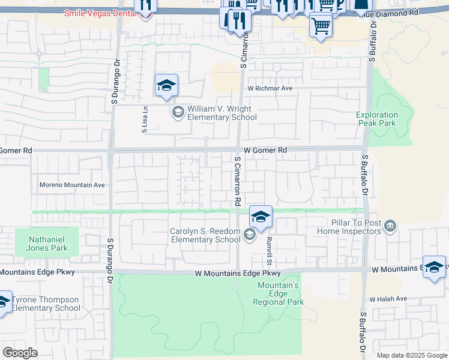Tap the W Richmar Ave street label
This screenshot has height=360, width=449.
click(x=270, y=88)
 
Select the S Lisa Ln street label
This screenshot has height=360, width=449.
click(x=145, y=119)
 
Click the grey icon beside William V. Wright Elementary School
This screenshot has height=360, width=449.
click(x=178, y=112)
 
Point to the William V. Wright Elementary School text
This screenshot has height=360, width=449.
click(x=221, y=113)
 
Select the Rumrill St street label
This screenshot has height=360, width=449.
click(x=270, y=250)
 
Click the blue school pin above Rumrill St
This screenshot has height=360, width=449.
click(x=261, y=217)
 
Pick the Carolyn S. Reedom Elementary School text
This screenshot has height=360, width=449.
click(x=205, y=235)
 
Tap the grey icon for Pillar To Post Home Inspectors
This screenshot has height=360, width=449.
click(x=391, y=226)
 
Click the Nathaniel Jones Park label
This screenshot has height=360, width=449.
click(x=46, y=242)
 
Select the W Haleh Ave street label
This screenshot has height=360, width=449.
click(x=388, y=299)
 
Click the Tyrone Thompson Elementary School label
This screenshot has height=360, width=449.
click(x=46, y=304)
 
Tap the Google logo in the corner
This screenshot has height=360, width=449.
click(x=20, y=352)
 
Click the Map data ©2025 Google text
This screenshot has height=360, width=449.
click(x=411, y=355)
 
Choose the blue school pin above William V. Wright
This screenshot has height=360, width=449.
click(x=166, y=85)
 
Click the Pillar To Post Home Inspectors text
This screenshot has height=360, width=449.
click(x=348, y=226)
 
